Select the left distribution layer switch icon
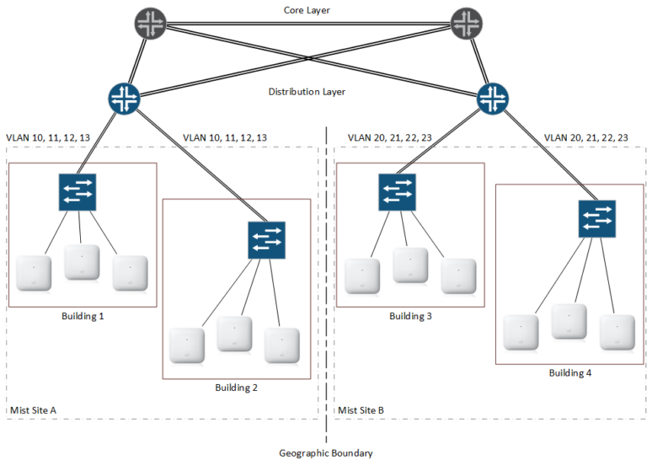[x=124, y=98]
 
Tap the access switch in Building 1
[x=78, y=192]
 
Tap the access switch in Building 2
[x=266, y=240]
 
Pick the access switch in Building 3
[x=397, y=192]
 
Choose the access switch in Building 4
[x=596, y=218]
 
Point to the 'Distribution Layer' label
[x=307, y=92]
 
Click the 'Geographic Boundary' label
[x=325, y=453]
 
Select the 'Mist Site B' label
[x=361, y=410]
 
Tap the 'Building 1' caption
[x=83, y=317]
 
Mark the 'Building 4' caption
[x=570, y=372]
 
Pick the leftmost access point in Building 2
[x=186, y=345]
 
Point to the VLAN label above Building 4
[x=586, y=136]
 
